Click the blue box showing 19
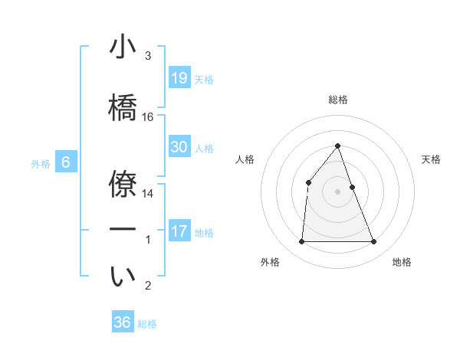coord(179,77)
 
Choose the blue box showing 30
coord(179,147)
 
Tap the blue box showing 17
coord(179,231)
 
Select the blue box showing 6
coord(66,162)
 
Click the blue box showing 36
coord(123,322)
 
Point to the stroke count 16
coord(148,117)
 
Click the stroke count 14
coord(148,194)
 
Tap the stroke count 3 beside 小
coord(148,56)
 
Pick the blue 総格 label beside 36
coord(148,324)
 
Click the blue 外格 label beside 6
coord(41,164)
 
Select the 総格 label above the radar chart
coord(337,100)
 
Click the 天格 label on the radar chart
coord(432,159)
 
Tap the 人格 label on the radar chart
coord(245,159)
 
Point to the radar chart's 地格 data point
coord(374,242)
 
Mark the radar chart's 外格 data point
coord(301,242)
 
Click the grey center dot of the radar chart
coord(337,191)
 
